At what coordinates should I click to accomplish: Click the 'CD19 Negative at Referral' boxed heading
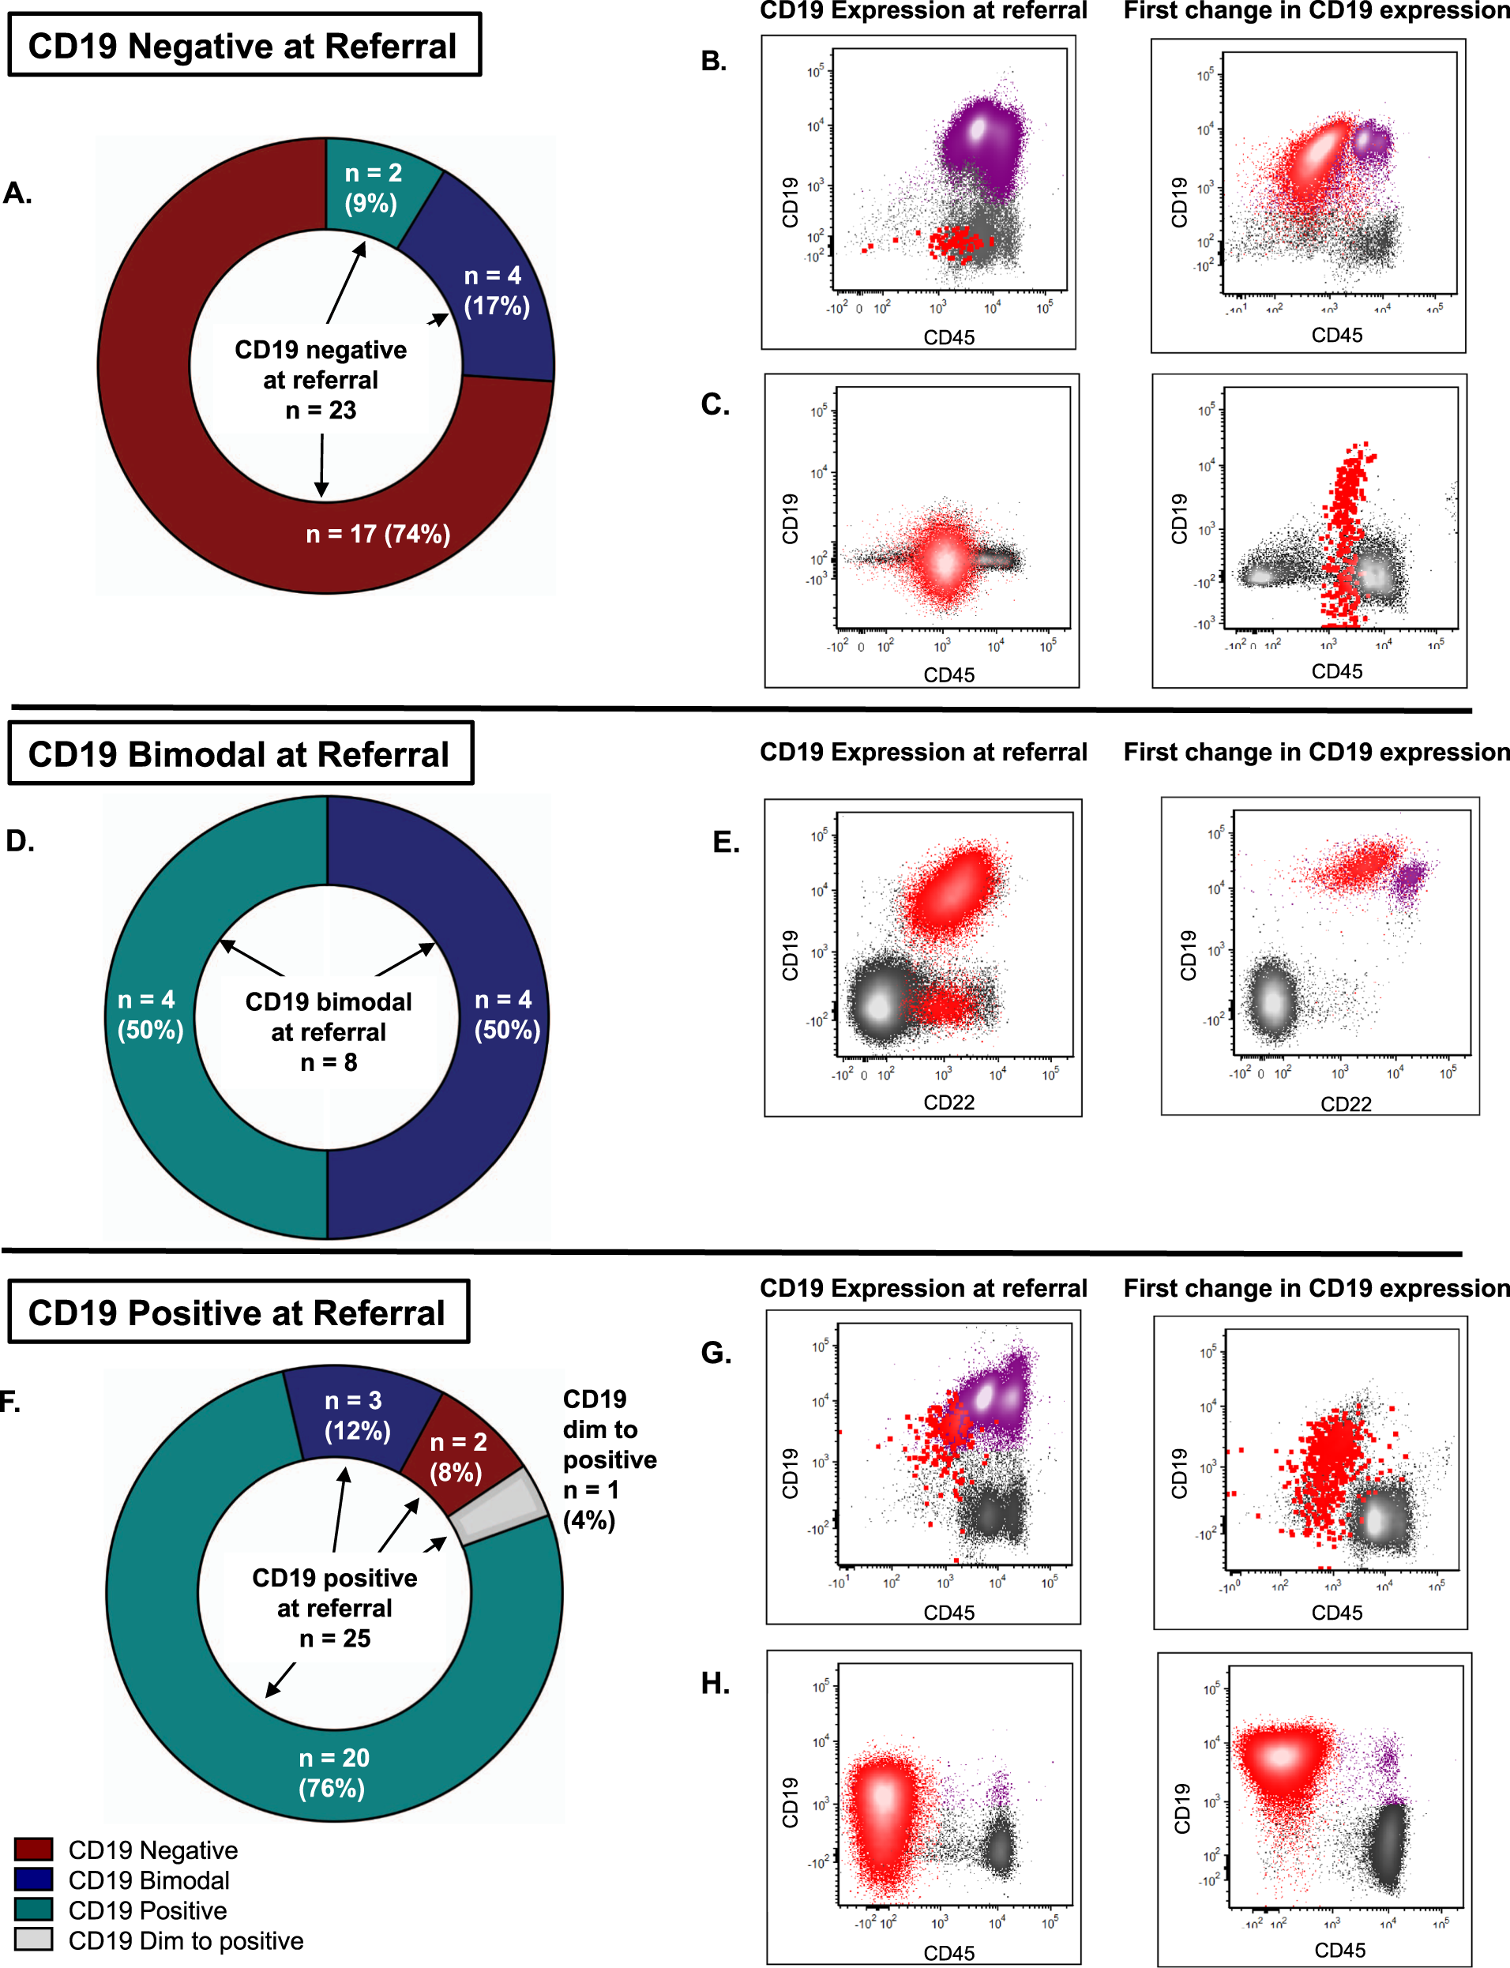click(x=242, y=45)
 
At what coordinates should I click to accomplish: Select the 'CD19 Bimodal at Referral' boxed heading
click(x=239, y=754)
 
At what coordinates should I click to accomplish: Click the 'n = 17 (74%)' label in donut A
click(x=377, y=534)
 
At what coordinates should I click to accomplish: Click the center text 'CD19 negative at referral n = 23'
click(x=321, y=379)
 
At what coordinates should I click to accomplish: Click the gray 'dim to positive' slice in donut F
click(x=497, y=1507)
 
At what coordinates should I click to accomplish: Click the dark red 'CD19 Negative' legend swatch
click(x=33, y=1849)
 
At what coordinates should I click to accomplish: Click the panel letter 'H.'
click(x=716, y=1683)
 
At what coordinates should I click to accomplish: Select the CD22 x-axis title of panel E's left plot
click(x=948, y=1102)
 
